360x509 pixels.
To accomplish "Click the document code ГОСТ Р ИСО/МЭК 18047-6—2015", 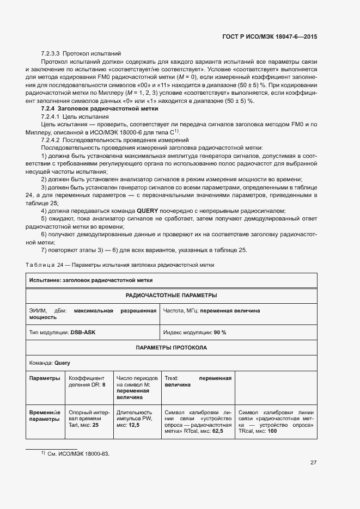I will [x=270, y=36].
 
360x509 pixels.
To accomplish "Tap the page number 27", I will [x=313, y=462].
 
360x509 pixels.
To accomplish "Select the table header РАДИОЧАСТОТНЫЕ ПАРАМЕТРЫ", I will [x=171, y=295].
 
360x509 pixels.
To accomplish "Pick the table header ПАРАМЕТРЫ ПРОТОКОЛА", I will [x=171, y=347].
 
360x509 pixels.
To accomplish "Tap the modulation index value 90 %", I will [x=219, y=332].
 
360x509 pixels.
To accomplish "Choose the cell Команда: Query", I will [x=50, y=363].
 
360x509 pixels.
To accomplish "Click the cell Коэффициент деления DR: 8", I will [x=87, y=381].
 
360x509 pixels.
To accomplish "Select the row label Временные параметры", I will [x=44, y=416].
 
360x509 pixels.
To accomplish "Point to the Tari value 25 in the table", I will [x=95, y=425].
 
